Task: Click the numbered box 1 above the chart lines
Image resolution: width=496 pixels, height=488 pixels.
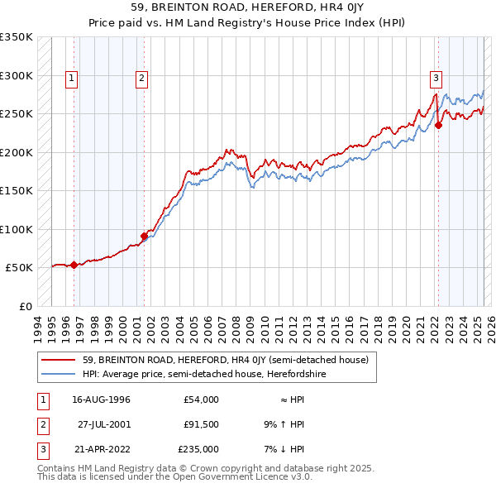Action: pyautogui.click(x=73, y=79)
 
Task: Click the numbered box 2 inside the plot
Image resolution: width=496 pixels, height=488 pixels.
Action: pyautogui.click(x=142, y=79)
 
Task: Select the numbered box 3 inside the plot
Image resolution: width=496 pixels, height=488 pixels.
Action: pyautogui.click(x=436, y=79)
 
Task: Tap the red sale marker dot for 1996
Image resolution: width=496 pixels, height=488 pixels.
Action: pyautogui.click(x=74, y=266)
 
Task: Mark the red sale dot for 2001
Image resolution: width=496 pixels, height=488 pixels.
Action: pyautogui.click(x=144, y=237)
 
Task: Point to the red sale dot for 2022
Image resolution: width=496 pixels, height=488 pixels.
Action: pyautogui.click(x=439, y=126)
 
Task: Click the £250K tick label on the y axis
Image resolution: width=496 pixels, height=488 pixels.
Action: pyautogui.click(x=17, y=114)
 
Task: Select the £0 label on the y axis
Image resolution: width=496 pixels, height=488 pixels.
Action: pyautogui.click(x=25, y=306)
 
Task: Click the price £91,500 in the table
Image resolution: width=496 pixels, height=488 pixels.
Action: pyautogui.click(x=200, y=424)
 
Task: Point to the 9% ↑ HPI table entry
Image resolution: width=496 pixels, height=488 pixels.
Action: pyautogui.click(x=284, y=424)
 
